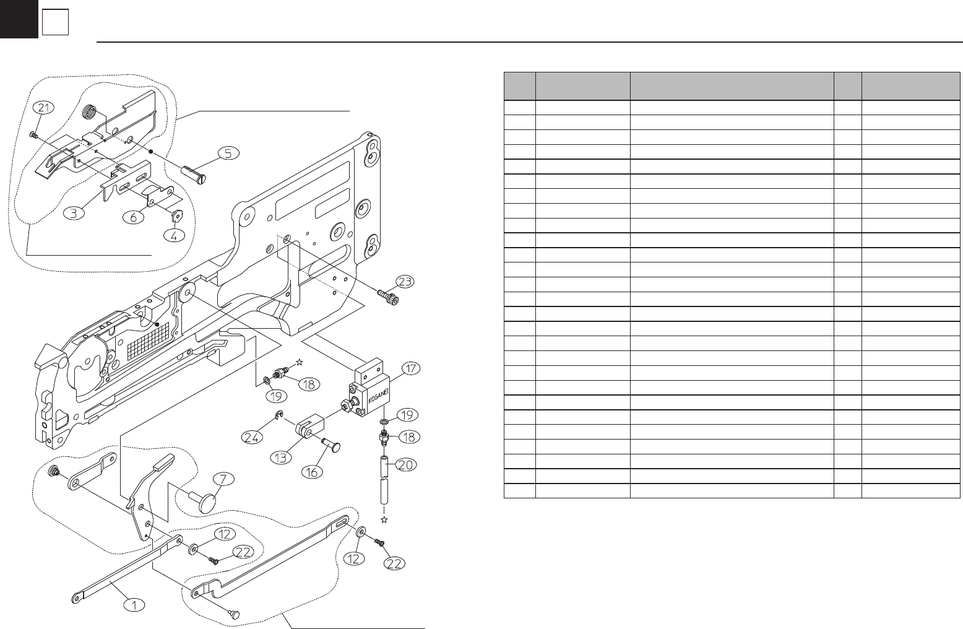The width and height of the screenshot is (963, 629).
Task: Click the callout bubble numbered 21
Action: (42, 108)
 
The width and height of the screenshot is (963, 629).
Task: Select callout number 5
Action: (228, 153)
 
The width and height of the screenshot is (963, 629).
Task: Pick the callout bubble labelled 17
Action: (410, 369)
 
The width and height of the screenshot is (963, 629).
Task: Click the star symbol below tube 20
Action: (384, 519)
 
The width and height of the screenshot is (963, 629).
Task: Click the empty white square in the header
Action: (55, 23)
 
